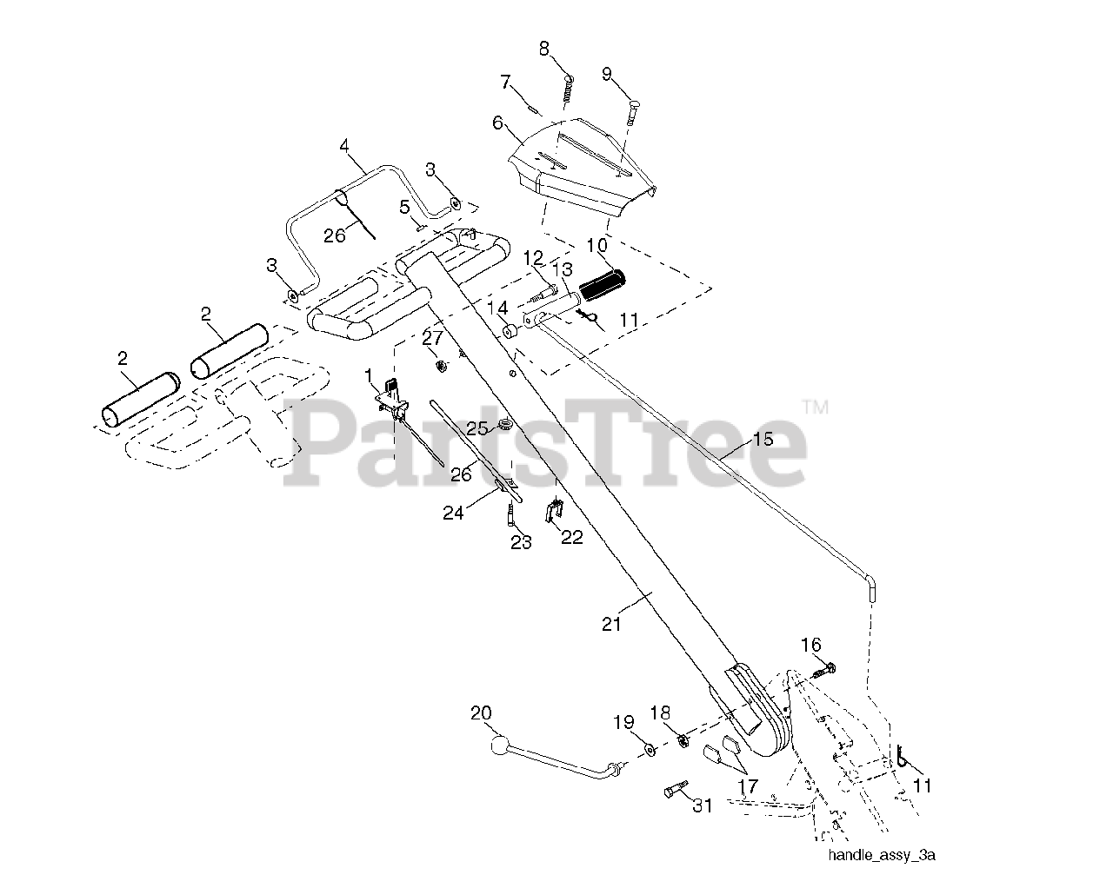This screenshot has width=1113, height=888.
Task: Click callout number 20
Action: coord(480,712)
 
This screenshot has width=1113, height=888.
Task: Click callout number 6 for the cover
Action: coord(498,123)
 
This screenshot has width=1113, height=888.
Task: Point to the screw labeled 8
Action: coord(568,88)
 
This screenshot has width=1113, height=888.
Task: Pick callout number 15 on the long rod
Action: coord(762,439)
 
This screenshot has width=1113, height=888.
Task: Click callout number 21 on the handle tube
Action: coord(611,623)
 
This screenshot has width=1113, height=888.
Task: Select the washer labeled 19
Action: coord(650,747)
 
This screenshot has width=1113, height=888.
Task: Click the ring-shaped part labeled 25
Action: coord(503,426)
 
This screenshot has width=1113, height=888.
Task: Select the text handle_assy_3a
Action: coord(881,856)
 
